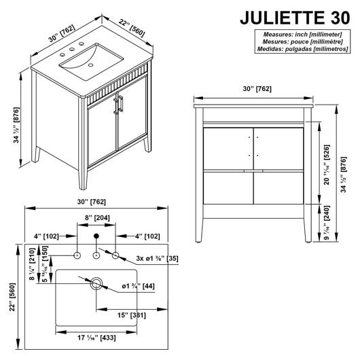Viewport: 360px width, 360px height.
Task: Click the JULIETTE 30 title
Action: click(295, 18)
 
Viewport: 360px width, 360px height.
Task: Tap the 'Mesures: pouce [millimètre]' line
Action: click(302, 42)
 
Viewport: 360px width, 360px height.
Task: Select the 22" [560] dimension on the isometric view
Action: click(132, 28)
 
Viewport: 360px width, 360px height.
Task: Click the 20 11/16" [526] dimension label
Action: click(327, 164)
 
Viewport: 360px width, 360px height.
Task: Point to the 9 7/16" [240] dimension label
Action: click(327, 223)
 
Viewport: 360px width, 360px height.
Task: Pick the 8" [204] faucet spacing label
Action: click(97, 217)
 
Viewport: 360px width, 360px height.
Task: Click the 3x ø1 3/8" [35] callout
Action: click(157, 258)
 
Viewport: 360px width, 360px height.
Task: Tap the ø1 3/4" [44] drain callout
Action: click(138, 286)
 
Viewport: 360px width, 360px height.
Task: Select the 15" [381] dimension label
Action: click(132, 315)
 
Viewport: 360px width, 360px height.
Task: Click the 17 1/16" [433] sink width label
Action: click(96, 338)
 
